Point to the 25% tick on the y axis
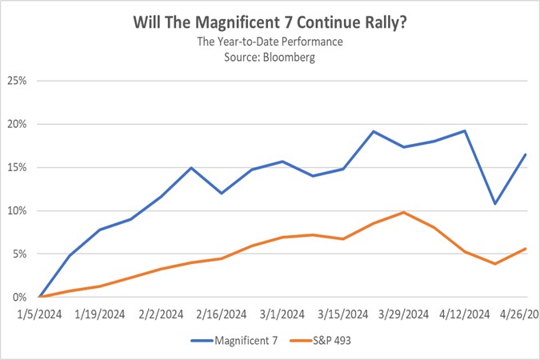(x=17, y=81)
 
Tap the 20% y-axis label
(x=17, y=124)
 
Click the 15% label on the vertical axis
(x=17, y=167)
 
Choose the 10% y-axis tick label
(x=17, y=210)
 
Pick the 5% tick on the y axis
(x=19, y=254)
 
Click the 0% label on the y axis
(x=19, y=297)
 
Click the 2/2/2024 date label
(x=161, y=313)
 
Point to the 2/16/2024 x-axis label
(x=222, y=313)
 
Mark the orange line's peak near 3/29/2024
(x=404, y=212)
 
